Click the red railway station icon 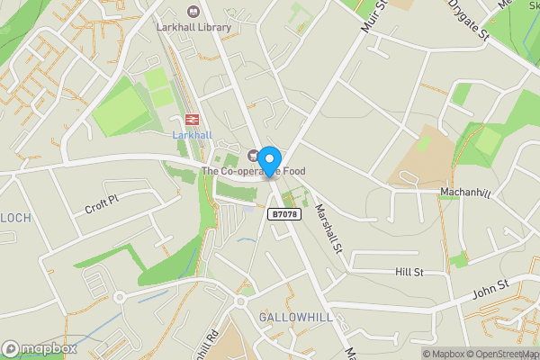click(x=191, y=120)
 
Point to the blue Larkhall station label click(x=191, y=135)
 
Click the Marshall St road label click(x=330, y=227)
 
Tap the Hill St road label click(x=409, y=272)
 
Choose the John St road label click(x=490, y=290)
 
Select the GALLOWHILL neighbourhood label click(x=296, y=318)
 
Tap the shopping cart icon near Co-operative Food click(x=254, y=155)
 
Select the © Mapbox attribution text click(x=451, y=354)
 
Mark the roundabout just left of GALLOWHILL click(x=242, y=303)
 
